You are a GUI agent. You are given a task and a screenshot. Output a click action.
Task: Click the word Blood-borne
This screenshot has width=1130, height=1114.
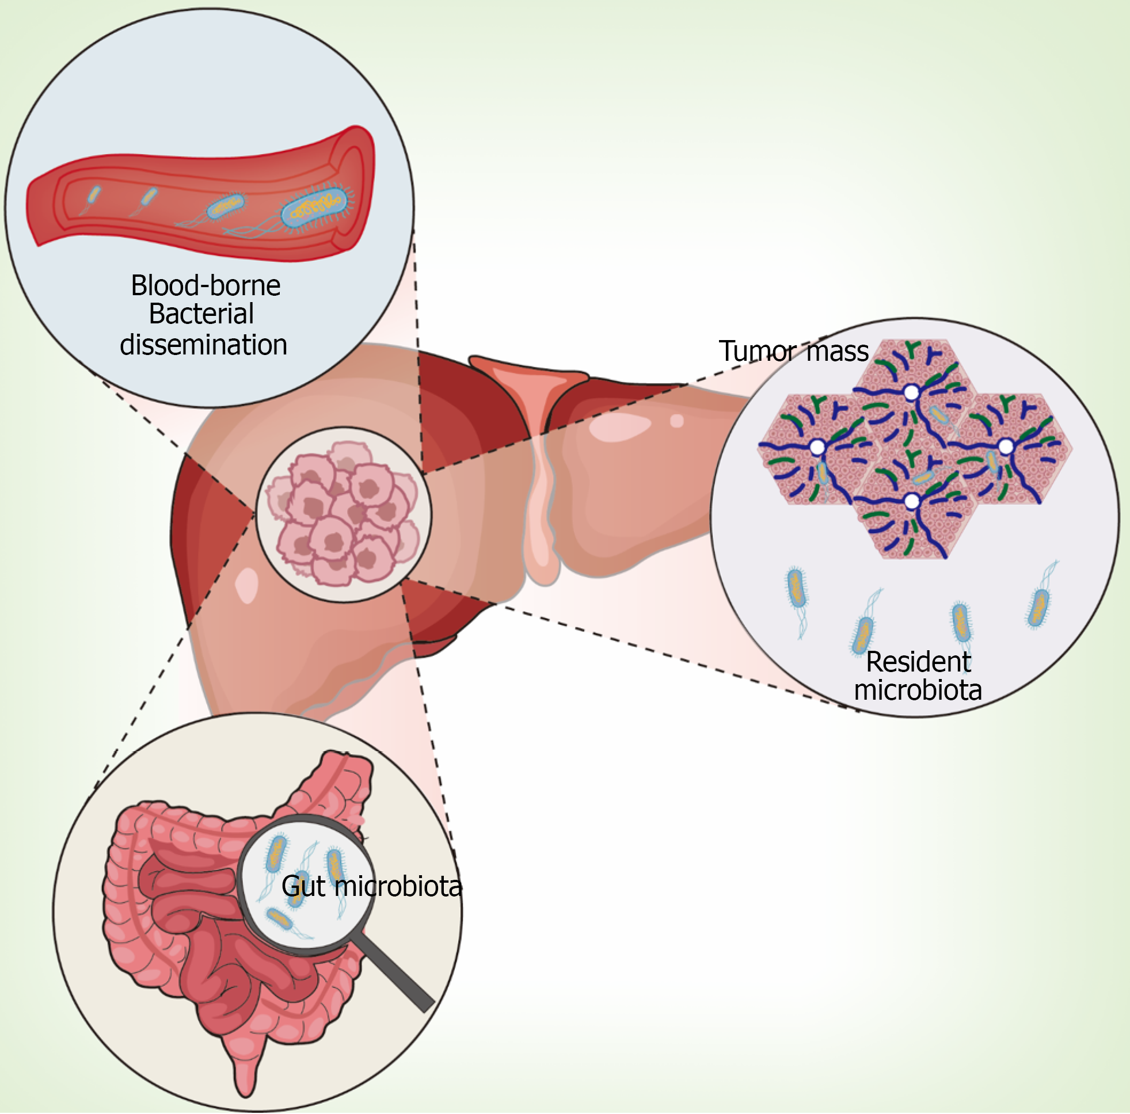pos(206,286)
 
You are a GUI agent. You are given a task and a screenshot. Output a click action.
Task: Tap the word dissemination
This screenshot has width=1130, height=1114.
pos(204,345)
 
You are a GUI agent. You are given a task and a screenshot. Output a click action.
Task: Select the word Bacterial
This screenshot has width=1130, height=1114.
pos(201,314)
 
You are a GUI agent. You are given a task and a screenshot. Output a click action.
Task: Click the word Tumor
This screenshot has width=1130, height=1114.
pos(758,352)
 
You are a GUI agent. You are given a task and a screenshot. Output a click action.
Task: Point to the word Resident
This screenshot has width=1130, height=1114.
pos(918,662)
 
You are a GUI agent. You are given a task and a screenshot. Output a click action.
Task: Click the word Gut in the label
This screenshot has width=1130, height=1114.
pos(303,886)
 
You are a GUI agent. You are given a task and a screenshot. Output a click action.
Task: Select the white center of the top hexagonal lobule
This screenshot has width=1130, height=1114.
pos(911,392)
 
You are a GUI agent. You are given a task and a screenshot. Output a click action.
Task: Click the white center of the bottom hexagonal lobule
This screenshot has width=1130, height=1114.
pos(912,501)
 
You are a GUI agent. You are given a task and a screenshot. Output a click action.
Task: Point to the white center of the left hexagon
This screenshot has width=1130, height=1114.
pos(817,448)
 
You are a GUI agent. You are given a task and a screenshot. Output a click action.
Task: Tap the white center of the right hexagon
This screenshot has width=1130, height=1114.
pos(1006,447)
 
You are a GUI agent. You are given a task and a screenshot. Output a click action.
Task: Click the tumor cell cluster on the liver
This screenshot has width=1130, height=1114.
pos(343,513)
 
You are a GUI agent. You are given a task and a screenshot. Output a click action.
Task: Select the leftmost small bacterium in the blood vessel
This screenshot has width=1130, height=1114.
pos(93,194)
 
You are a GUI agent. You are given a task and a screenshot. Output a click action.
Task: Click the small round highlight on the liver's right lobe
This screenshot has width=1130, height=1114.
pos(677,421)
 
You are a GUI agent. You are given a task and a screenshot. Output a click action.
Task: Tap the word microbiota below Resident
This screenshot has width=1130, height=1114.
pos(918,690)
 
